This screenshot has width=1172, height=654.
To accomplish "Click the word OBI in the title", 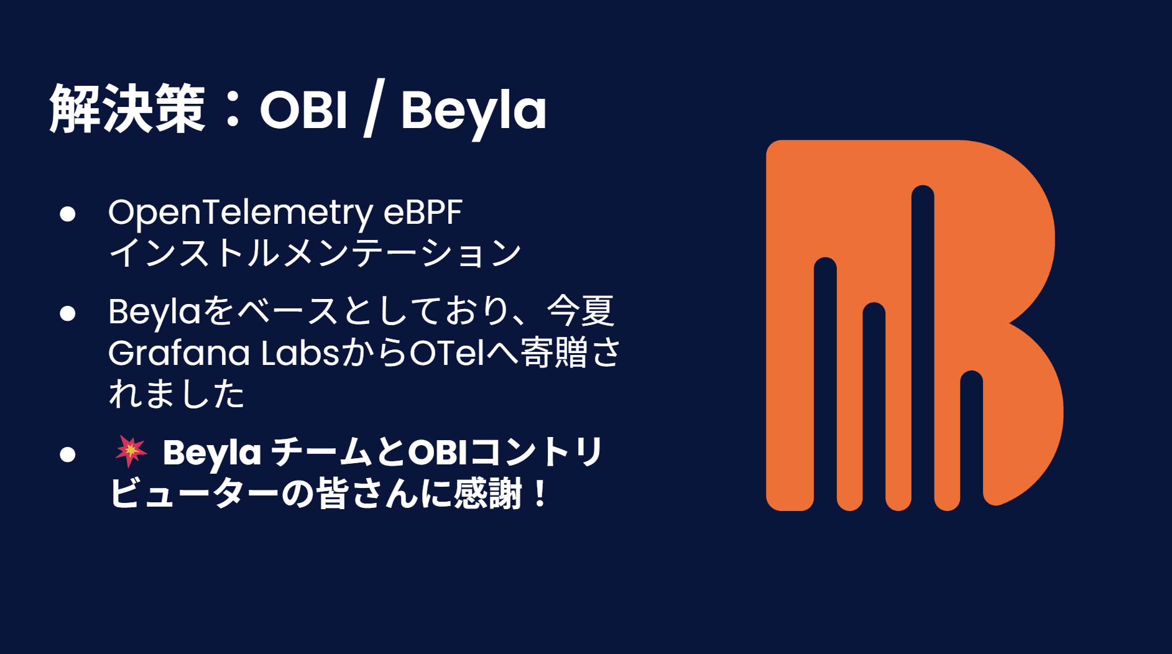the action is coord(303,110).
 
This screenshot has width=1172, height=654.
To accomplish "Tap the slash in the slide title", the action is coord(374,108).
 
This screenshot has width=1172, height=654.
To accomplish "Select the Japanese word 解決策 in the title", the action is coord(127,109).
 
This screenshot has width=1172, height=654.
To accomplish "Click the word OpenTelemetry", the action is coord(241,213).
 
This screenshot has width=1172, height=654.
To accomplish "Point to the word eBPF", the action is coord(423,212).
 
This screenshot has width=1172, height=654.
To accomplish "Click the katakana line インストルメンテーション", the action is coord(315,252).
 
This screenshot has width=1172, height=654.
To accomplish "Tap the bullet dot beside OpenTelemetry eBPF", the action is coord(68,214).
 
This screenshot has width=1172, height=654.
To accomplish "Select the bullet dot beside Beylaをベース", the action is coord(68,313).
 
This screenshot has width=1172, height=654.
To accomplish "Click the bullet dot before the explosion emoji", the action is coord(68,454).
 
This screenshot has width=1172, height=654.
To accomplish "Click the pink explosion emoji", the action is coord(131,451).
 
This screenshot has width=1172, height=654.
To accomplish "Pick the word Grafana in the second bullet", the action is coord(179,352).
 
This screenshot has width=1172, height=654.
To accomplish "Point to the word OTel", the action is coord(446,352).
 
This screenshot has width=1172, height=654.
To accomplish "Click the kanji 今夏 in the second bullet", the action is coord(581,311).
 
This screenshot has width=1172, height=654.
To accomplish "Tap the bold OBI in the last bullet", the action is coord(436,452).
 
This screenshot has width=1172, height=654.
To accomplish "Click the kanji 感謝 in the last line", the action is coord(487,494).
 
